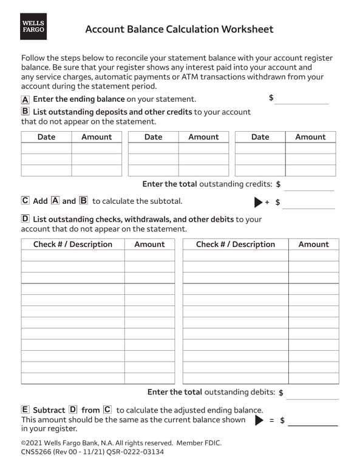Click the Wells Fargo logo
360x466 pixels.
[x=33, y=26]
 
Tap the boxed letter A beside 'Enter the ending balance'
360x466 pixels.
[x=25, y=100]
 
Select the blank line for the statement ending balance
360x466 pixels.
[x=301, y=100]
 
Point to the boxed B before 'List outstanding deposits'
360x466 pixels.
[x=25, y=112]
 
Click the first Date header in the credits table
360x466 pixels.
[x=46, y=137]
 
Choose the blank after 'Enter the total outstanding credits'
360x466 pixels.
[x=309, y=184]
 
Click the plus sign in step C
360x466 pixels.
[x=267, y=202]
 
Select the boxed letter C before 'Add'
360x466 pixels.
[x=25, y=201]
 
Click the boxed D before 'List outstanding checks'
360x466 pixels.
[x=25, y=218]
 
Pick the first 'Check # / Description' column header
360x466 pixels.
[x=72, y=245]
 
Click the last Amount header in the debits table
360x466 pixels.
[x=313, y=245]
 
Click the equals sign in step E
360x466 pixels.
[x=272, y=420]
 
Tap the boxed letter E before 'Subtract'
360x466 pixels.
[x=25, y=410]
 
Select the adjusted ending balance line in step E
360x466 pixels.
[x=312, y=420]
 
